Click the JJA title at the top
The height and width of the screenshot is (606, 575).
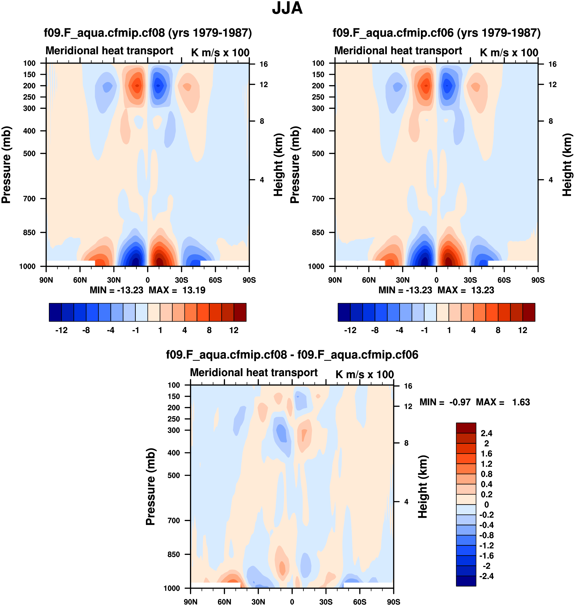click(x=287, y=8)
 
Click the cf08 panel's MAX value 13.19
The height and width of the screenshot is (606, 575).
click(x=194, y=290)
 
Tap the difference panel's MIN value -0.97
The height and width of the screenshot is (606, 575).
click(x=460, y=402)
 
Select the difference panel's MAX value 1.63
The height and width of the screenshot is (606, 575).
click(x=521, y=402)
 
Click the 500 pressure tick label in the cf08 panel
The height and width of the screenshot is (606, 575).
click(x=30, y=154)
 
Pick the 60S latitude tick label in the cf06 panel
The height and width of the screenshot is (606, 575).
click(x=504, y=280)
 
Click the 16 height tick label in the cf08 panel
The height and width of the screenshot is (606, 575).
click(x=264, y=64)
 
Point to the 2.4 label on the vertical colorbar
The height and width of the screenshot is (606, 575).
click(x=486, y=433)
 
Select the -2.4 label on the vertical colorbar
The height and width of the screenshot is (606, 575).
click(x=486, y=576)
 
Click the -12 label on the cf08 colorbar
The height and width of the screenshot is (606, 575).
click(x=61, y=330)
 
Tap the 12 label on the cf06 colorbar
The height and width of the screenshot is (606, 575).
click(x=523, y=330)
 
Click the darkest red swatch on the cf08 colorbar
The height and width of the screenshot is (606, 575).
click(x=240, y=312)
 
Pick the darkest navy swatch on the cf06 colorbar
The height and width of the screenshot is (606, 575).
click(x=344, y=312)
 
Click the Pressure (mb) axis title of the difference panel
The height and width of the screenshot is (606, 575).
click(x=150, y=487)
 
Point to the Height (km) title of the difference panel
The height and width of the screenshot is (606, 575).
click(x=423, y=487)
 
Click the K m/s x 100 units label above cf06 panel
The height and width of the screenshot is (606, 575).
click(x=509, y=53)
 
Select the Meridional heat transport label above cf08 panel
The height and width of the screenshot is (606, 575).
click(x=109, y=51)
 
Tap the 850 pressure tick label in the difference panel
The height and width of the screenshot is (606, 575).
click(x=174, y=555)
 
